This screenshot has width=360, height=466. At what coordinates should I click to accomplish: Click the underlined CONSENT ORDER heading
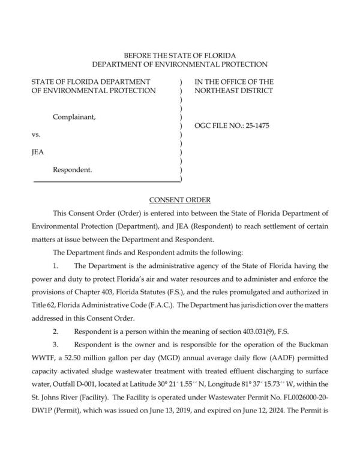(x=180, y=199)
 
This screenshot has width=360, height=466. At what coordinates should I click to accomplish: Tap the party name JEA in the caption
(x=38, y=153)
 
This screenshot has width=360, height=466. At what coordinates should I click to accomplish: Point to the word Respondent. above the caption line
(x=73, y=170)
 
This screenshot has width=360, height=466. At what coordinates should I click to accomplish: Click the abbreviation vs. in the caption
(x=36, y=136)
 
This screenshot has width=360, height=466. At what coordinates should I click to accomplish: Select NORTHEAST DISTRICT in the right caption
(x=233, y=91)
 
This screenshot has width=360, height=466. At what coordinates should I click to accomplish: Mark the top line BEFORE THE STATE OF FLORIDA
(x=180, y=55)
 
